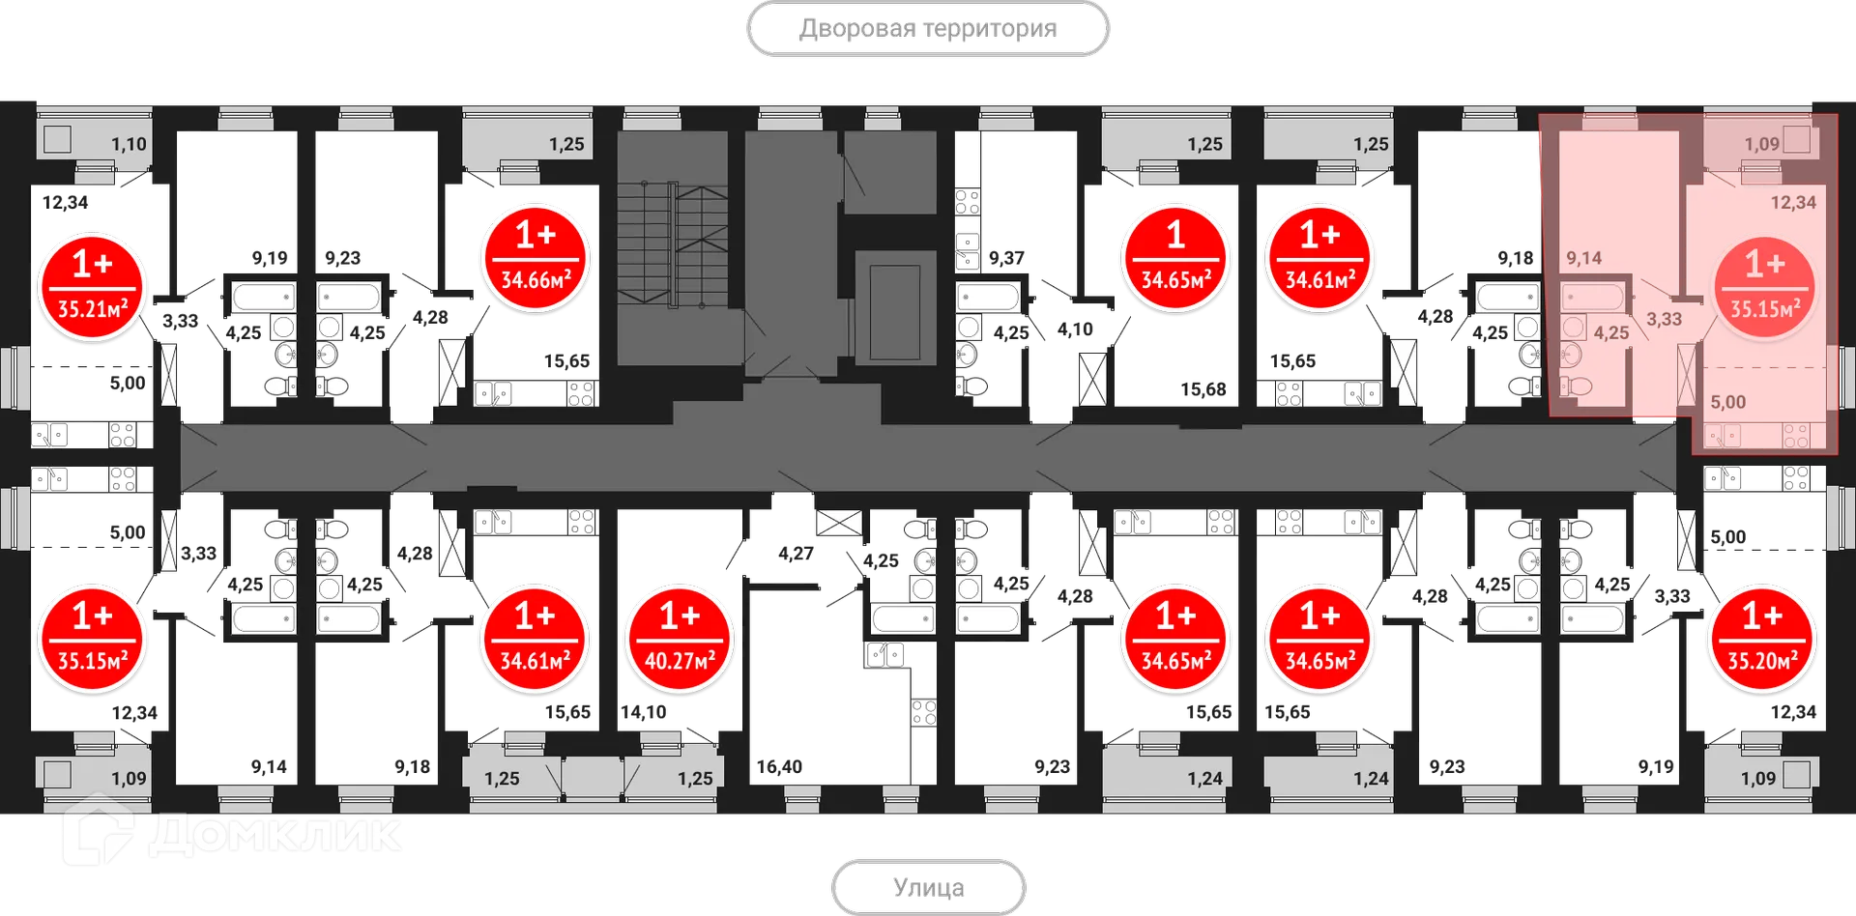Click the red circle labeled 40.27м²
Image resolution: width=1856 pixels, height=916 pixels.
679,639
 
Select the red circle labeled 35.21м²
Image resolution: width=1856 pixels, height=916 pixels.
92,287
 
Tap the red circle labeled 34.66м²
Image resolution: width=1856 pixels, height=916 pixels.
535,258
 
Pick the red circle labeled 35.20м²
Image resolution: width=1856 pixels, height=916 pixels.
1761,639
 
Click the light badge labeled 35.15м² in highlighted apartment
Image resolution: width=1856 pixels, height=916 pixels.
1764,287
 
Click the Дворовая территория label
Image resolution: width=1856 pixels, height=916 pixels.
927,29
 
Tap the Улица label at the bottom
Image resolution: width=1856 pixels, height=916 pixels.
928,886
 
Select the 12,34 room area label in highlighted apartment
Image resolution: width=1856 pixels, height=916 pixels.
1792,202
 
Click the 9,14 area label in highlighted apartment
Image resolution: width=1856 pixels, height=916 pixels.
1583,258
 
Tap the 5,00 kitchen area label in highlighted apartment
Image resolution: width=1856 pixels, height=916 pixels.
1727,402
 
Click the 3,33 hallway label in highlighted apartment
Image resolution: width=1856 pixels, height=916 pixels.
1664,319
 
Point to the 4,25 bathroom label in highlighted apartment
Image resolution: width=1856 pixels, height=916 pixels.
1610,332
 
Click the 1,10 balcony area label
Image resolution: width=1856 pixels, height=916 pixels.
129,144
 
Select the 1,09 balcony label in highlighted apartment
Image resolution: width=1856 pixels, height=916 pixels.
1761,144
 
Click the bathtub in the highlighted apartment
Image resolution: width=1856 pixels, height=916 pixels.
1593,297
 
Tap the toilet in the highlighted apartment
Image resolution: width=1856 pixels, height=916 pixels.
1578,386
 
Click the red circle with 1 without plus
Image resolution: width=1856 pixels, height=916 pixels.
1175,258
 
